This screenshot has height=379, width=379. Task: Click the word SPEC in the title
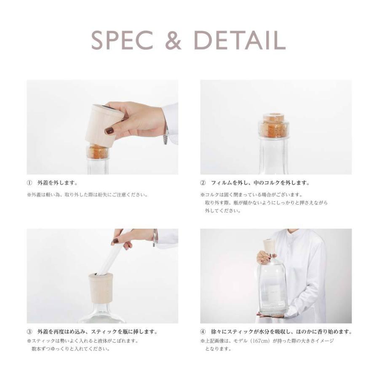[123, 40]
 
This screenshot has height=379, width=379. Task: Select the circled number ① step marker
[29, 183]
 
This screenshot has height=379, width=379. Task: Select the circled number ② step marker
[203, 183]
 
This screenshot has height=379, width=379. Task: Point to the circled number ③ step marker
[29, 332]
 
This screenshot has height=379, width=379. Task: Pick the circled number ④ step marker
[203, 332]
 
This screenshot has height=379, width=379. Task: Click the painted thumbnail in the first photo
[110, 131]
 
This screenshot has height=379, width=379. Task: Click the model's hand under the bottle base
[272, 315]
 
